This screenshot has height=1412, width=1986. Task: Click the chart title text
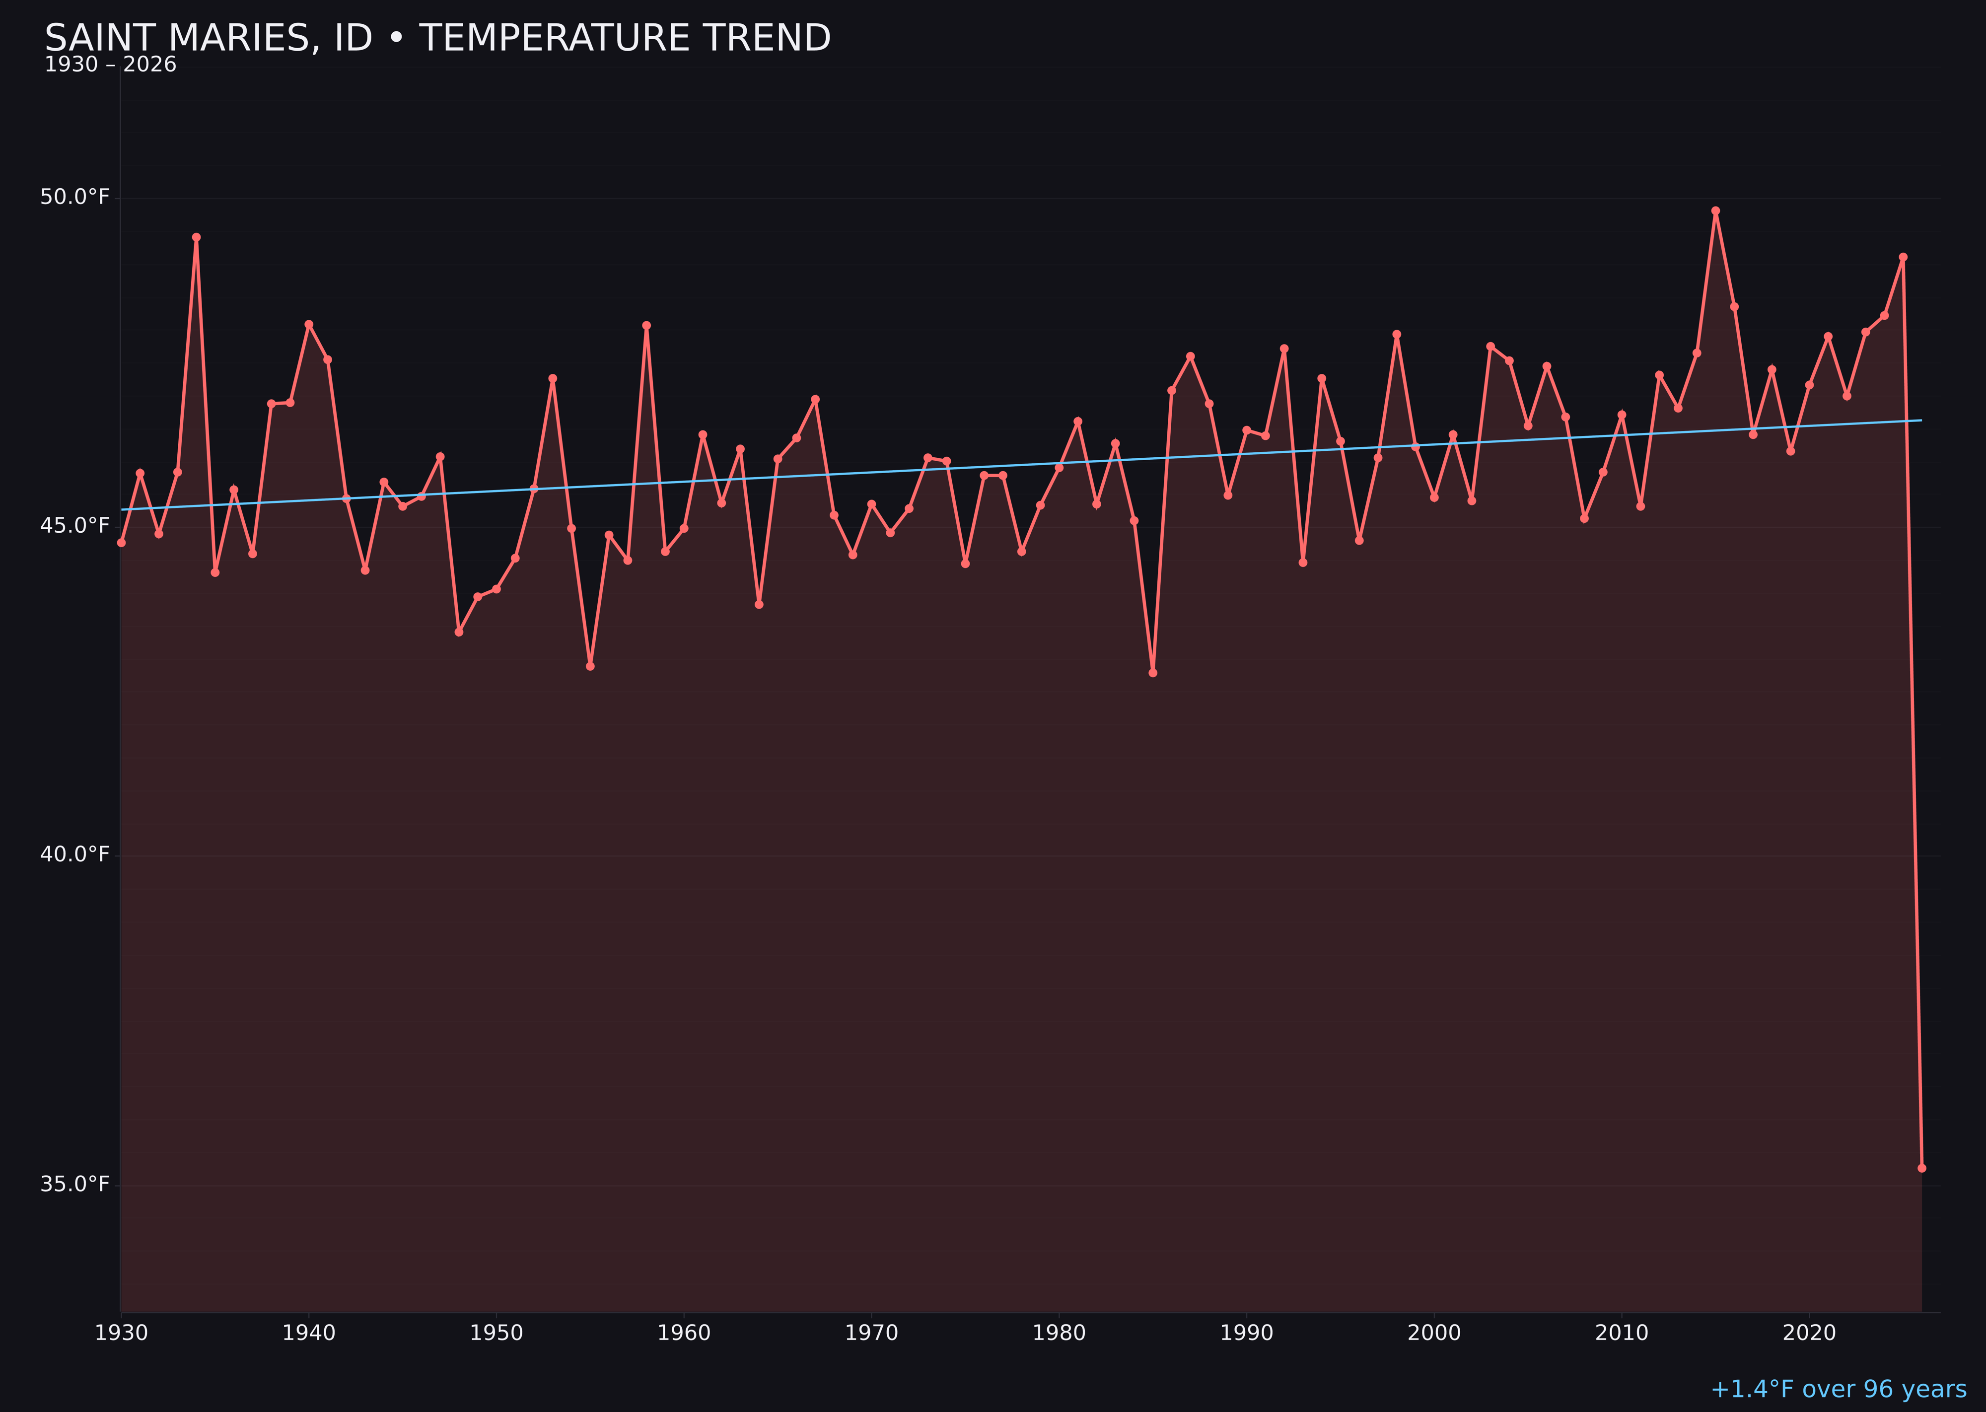tap(437, 38)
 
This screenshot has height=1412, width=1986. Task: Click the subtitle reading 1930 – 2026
tap(110, 65)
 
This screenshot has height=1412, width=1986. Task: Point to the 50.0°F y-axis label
tap(75, 198)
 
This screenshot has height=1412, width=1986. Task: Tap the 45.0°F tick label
tap(75, 526)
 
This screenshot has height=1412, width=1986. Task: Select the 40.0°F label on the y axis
tap(75, 854)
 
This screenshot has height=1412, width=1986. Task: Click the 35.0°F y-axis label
tap(75, 1184)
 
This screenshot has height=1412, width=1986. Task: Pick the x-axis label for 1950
tap(496, 1333)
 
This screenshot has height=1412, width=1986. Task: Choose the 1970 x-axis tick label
tap(871, 1333)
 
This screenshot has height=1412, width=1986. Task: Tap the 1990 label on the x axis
tap(1246, 1333)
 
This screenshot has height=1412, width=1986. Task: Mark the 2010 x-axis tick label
tap(1622, 1333)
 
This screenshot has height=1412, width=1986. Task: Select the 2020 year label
tap(1809, 1333)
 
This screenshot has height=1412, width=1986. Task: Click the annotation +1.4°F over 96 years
tap(1838, 1389)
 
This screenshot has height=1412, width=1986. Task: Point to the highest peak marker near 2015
tap(1715, 211)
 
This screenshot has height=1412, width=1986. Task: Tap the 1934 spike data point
tap(197, 236)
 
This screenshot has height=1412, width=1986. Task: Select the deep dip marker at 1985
tap(1153, 673)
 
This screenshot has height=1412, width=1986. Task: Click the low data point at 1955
tap(590, 666)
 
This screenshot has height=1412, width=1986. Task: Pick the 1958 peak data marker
tap(646, 325)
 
